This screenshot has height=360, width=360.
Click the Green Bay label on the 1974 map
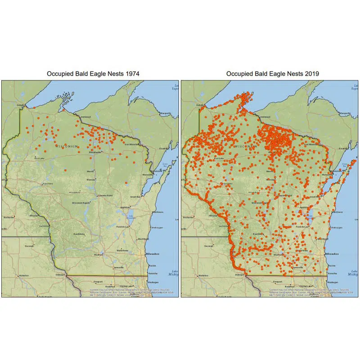coord(135,197)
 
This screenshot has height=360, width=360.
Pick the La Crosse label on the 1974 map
coord(44,225)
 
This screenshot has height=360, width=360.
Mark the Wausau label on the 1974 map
coord(91,179)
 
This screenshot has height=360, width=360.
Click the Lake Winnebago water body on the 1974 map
coord(131,217)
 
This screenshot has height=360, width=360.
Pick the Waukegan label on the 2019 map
coord(333,282)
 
